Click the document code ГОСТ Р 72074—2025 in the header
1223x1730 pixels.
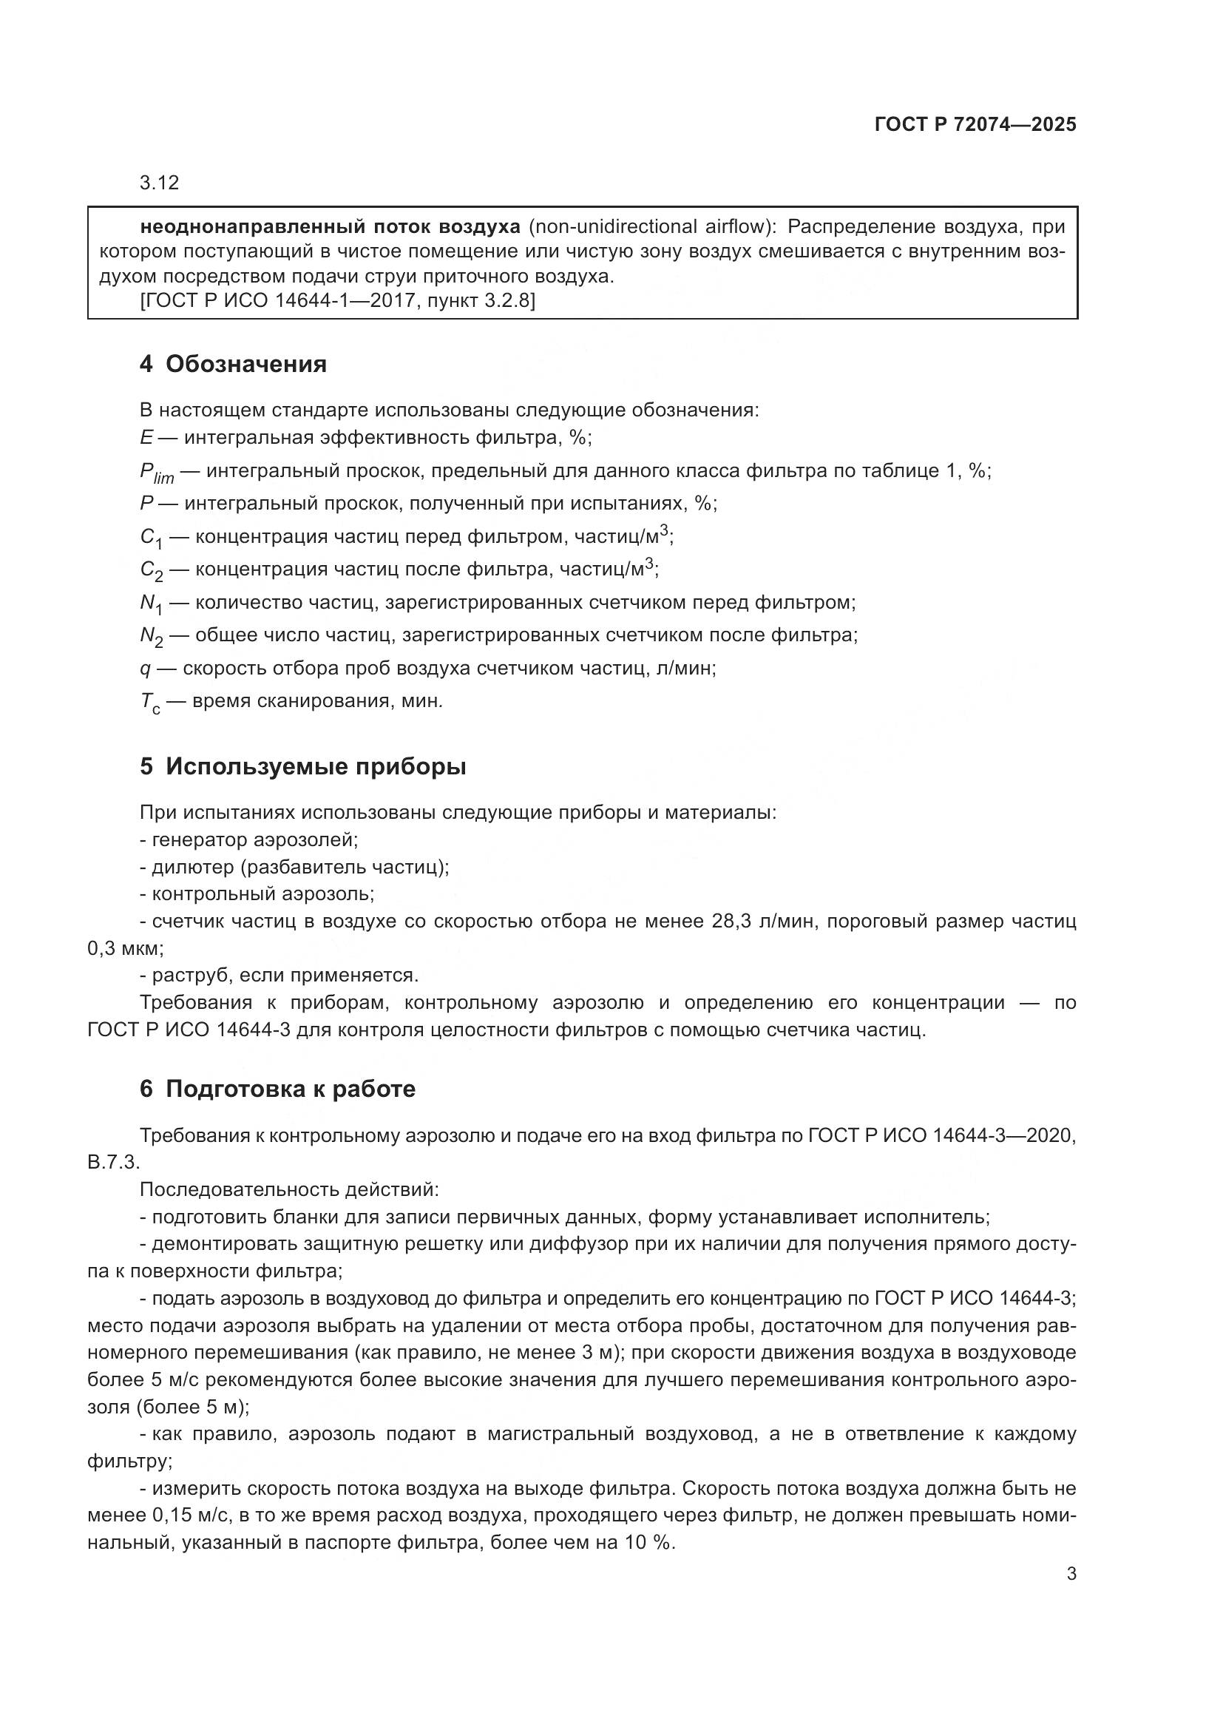(x=975, y=124)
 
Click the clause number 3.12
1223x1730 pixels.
(x=159, y=183)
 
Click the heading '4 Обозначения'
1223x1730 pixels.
(x=233, y=365)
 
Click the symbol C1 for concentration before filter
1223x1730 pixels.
(x=151, y=538)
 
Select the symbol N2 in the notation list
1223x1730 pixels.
(x=152, y=637)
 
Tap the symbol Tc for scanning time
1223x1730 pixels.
(x=150, y=703)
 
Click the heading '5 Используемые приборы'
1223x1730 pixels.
(x=302, y=767)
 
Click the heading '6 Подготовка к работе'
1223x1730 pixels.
(x=277, y=1089)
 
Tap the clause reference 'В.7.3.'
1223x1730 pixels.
(x=114, y=1163)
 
